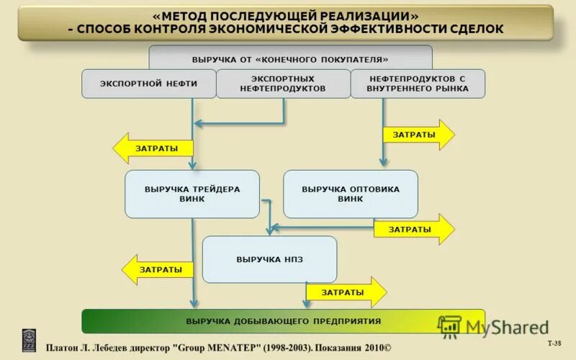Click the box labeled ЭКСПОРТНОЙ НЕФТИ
click(148, 84)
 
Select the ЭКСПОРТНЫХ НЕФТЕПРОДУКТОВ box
click(283, 84)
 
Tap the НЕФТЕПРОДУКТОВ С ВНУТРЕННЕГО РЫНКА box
click(418, 84)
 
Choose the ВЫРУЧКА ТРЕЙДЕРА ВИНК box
click(192, 194)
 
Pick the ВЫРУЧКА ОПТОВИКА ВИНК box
click(350, 194)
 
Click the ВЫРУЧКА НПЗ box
click(269, 259)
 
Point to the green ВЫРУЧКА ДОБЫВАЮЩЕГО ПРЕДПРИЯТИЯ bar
click(283, 321)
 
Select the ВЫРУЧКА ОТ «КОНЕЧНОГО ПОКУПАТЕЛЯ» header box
click(290, 58)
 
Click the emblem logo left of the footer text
click(29, 341)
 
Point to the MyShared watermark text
click(507, 328)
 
